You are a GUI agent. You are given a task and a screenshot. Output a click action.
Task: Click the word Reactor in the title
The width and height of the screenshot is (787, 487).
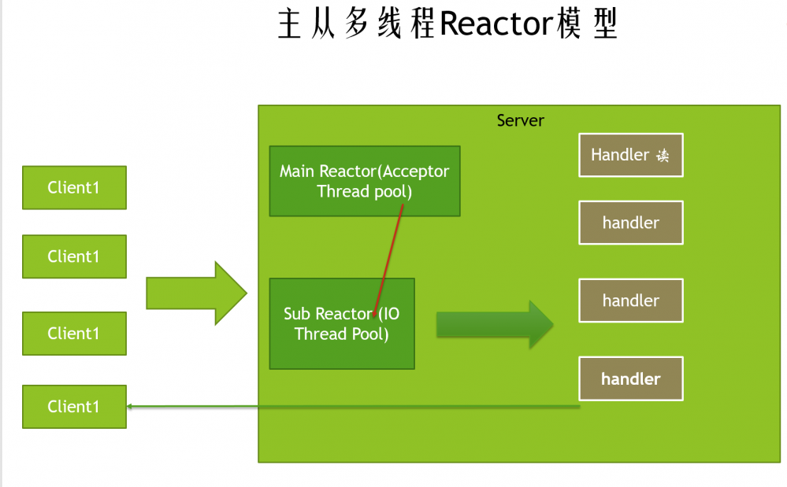point(495,24)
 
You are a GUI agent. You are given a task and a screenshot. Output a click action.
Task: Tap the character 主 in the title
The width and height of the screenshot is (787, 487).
point(291,24)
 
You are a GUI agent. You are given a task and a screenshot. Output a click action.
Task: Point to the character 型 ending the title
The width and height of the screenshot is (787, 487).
point(602,24)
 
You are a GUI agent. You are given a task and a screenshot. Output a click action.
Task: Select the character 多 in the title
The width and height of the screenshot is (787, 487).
point(356,24)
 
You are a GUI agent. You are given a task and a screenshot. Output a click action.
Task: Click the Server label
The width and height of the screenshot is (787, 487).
point(520,120)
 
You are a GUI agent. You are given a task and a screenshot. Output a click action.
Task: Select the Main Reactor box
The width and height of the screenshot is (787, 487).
point(364,181)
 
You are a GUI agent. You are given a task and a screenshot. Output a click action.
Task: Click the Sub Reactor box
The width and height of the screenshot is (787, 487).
point(342,323)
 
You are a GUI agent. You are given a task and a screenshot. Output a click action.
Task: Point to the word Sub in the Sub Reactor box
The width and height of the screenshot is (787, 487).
point(298,314)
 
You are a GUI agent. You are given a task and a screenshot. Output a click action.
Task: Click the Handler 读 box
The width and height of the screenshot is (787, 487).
point(630,155)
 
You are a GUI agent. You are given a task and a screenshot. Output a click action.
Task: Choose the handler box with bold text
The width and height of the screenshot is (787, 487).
point(630,378)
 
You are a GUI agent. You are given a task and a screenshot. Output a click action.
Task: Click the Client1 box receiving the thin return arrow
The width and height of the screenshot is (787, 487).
point(74,407)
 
